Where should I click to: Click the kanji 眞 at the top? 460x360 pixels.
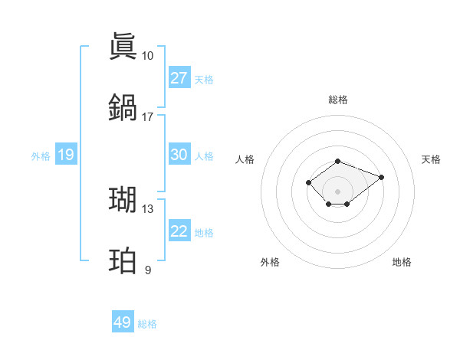[x=123, y=47]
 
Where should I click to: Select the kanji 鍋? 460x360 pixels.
[x=123, y=107]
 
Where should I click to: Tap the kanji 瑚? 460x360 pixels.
[x=123, y=199]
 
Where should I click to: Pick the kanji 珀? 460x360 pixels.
[x=123, y=261]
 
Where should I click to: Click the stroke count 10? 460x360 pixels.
[x=147, y=56]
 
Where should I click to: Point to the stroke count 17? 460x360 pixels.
[x=147, y=117]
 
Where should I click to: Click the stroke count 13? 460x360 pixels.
[x=147, y=209]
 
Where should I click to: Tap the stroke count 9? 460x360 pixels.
[x=148, y=270]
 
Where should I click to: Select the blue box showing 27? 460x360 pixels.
[x=179, y=78]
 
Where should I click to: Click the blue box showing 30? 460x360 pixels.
[x=179, y=155]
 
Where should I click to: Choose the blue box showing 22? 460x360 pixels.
[x=179, y=231]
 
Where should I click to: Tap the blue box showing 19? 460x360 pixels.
[x=65, y=155]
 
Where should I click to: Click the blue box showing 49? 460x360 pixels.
[x=123, y=322]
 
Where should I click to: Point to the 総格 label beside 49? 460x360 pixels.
[x=147, y=324]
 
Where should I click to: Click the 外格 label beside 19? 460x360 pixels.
[x=41, y=156]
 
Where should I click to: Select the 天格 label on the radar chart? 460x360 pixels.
[x=431, y=159]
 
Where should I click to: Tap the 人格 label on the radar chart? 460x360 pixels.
[x=245, y=159]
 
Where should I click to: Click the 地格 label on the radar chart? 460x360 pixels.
[x=402, y=262]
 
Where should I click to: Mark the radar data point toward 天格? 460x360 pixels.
[x=381, y=177]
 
